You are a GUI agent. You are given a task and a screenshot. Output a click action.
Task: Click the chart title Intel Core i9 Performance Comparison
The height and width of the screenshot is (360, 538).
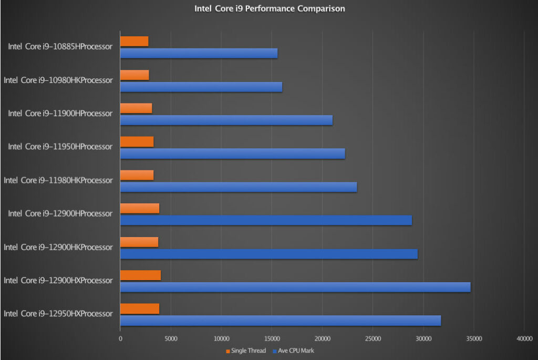[x=270, y=9]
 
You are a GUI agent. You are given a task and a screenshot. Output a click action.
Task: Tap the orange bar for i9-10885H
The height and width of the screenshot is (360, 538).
[x=134, y=42]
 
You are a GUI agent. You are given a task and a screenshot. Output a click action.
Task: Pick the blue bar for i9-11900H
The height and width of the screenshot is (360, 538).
[x=226, y=120]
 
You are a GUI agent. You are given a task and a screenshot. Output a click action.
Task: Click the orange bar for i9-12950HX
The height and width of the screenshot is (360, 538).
[x=140, y=308]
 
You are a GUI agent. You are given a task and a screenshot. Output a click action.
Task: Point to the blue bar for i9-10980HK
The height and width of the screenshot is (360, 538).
[x=201, y=87]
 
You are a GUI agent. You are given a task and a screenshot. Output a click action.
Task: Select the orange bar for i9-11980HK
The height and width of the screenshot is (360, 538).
[x=137, y=175]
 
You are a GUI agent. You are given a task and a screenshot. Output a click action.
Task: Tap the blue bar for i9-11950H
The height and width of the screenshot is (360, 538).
[x=232, y=153]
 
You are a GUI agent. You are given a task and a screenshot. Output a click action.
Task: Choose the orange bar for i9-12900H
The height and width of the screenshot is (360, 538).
[x=140, y=209]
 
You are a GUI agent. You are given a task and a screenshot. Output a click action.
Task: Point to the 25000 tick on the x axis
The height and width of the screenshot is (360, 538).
[x=373, y=339]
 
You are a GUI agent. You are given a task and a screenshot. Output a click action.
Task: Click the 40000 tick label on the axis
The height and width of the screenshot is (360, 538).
[x=524, y=339]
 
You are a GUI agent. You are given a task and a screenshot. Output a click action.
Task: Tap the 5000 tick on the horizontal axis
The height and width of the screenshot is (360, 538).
[x=171, y=339]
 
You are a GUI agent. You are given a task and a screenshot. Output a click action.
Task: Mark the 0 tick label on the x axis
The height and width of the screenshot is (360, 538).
[x=120, y=339]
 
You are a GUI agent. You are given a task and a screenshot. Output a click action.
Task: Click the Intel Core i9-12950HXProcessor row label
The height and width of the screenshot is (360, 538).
[x=58, y=314]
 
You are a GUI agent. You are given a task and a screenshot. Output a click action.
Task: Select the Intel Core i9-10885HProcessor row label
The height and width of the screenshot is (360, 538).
[x=60, y=47]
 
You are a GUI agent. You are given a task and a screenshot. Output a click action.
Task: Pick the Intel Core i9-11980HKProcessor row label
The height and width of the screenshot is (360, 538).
[x=58, y=180]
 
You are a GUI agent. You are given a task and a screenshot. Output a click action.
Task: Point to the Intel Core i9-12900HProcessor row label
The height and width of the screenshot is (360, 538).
[x=60, y=214]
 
